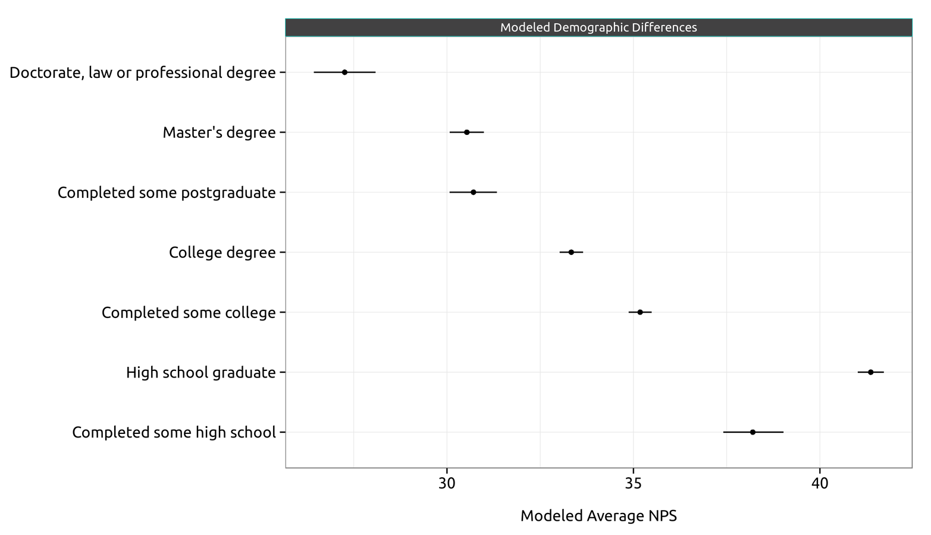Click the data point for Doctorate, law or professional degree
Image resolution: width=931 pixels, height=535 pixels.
coord(344,72)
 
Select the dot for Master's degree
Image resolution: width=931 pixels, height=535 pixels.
coord(466,132)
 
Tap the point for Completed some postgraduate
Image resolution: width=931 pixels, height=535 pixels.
coord(474,192)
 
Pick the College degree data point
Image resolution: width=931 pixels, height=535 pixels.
coord(571,252)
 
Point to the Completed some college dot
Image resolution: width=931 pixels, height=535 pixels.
coord(640,312)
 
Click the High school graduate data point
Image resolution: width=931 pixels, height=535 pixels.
coord(870,372)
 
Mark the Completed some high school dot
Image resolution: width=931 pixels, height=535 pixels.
coord(753,432)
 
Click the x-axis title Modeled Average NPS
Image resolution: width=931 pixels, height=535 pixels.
coord(598,516)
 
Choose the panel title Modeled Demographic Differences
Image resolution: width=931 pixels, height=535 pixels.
coord(598,27)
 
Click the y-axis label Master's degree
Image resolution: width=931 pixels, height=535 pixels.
coord(219,132)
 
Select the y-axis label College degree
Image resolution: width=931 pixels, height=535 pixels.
coord(222,253)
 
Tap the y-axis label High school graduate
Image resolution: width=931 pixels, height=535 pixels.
coord(200,373)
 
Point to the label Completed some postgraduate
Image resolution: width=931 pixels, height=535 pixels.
coord(167,193)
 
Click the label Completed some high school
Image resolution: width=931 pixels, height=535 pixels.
coord(174,432)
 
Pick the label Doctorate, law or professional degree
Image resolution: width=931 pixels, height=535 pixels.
coord(143,73)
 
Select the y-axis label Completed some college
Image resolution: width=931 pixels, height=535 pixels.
coord(189,313)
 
